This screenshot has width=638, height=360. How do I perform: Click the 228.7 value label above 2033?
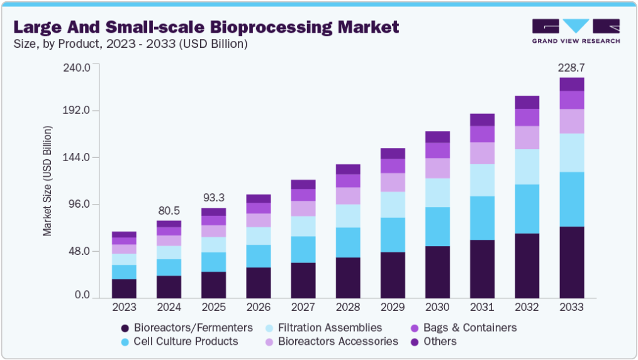pyautogui.click(x=572, y=67)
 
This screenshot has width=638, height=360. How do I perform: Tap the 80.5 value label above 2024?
pyautogui.click(x=169, y=211)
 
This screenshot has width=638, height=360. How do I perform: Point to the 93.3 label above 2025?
pyautogui.click(x=213, y=198)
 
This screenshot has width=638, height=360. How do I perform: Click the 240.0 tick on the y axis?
pyautogui.click(x=78, y=67)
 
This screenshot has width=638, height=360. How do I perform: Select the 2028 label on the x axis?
pyautogui.click(x=348, y=308)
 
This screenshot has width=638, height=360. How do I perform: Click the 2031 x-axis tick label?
pyautogui.click(x=482, y=308)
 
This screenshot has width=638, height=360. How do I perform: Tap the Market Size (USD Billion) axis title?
pyautogui.click(x=48, y=181)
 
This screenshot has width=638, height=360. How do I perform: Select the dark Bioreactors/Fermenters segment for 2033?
pyautogui.click(x=572, y=262)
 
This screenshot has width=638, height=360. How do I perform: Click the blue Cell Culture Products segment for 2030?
pyautogui.click(x=437, y=227)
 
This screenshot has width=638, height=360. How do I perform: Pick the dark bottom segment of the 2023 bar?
pyautogui.click(x=125, y=288)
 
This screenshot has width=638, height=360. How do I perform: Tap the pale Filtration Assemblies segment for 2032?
pyautogui.click(x=527, y=167)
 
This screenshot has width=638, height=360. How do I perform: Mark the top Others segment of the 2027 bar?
pyautogui.click(x=303, y=184)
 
